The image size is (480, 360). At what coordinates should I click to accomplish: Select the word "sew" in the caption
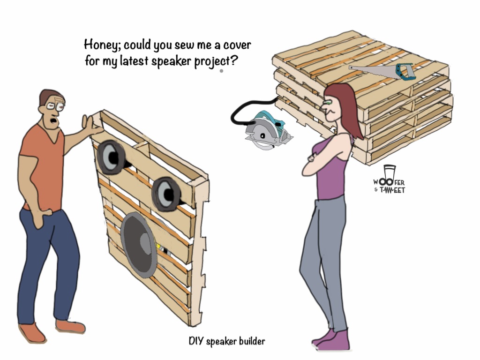pyautogui.click(x=184, y=45)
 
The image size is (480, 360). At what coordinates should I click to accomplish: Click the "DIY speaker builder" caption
pyautogui.click(x=227, y=341)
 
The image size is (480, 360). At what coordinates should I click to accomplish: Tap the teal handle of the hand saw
pyautogui.click(x=404, y=72)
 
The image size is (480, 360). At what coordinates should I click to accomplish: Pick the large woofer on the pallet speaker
pyautogui.click(x=140, y=244)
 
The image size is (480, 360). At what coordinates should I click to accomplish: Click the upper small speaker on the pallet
pyautogui.click(x=111, y=157)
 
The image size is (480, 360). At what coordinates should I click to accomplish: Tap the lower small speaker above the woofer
pyautogui.click(x=166, y=194)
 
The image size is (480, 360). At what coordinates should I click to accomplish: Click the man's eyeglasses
pyautogui.click(x=55, y=106)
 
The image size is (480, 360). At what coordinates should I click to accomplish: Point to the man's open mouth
pyautogui.click(x=54, y=120)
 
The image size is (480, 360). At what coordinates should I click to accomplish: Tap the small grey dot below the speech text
pyautogui.click(x=221, y=71)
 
